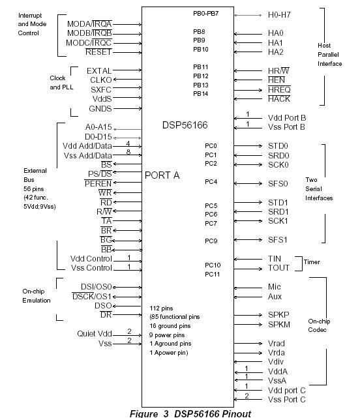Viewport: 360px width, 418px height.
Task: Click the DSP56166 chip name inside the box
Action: (x=188, y=124)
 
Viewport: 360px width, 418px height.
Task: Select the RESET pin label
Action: (x=98, y=52)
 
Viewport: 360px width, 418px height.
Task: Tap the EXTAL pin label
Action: (x=99, y=70)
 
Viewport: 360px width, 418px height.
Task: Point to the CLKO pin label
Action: (x=100, y=80)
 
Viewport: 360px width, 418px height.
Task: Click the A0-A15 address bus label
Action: (x=98, y=128)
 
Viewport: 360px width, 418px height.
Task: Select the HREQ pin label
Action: (x=280, y=89)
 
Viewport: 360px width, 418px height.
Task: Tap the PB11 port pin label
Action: (x=200, y=67)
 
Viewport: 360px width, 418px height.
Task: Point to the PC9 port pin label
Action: (x=211, y=241)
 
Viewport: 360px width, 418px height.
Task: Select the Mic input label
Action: (x=275, y=286)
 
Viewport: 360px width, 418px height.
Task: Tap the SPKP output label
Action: (x=279, y=314)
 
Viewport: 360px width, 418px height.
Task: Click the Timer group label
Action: (x=312, y=263)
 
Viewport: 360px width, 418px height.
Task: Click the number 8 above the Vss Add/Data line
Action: (x=128, y=151)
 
